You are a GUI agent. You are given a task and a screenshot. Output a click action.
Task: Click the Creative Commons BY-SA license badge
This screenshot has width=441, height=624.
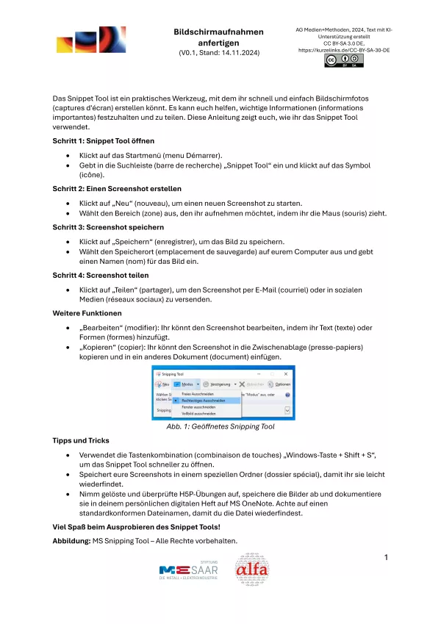click(x=344, y=61)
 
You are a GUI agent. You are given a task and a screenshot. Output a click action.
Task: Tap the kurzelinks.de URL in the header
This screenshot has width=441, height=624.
click(x=343, y=50)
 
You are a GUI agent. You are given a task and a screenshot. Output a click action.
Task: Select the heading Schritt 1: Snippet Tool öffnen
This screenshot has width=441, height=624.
click(x=103, y=140)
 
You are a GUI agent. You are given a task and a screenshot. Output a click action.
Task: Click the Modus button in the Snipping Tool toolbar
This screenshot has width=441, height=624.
click(x=187, y=384)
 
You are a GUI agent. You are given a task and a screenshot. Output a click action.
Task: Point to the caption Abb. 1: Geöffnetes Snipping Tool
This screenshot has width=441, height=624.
click(x=220, y=426)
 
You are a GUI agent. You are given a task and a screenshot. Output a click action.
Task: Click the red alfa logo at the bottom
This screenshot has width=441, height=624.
click(x=252, y=570)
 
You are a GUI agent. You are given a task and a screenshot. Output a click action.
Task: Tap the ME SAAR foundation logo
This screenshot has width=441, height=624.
click(x=188, y=571)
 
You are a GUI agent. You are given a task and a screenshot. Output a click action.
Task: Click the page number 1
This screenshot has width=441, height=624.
click(x=386, y=558)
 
